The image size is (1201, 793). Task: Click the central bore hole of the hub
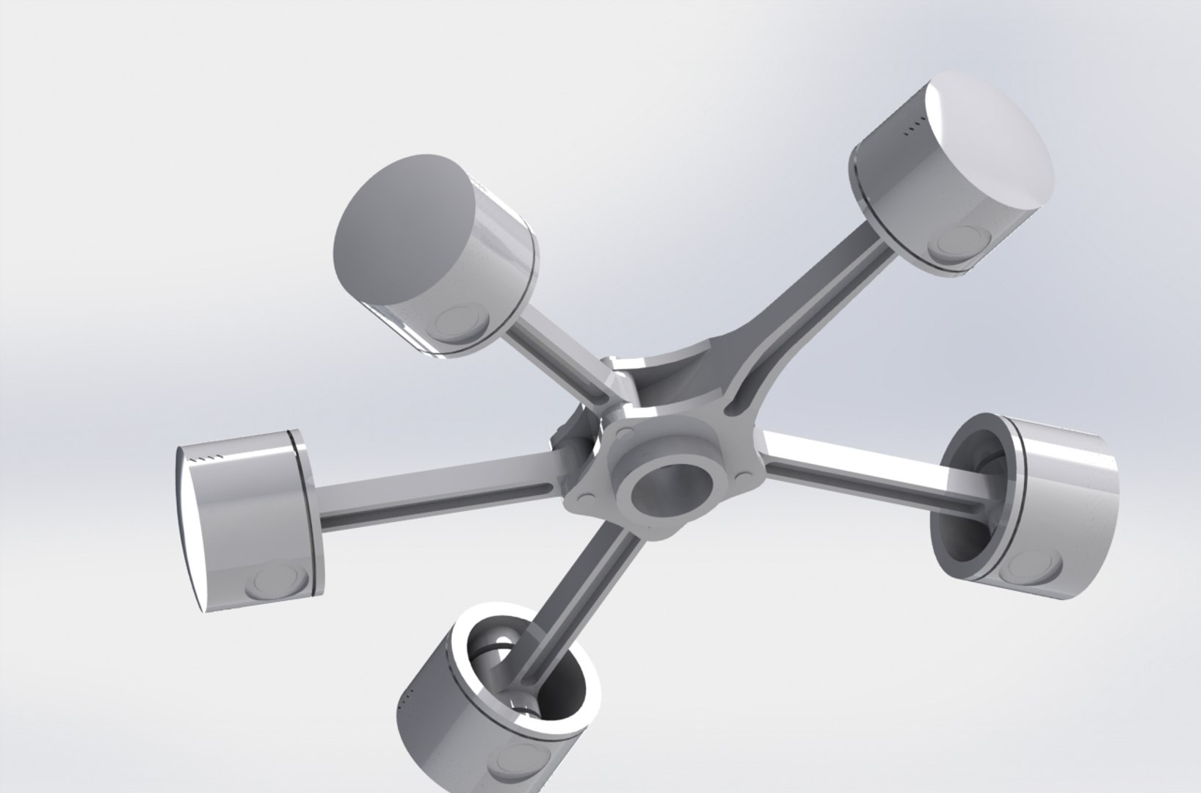pyautogui.click(x=664, y=490)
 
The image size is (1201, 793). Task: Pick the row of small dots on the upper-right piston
pyautogui.click(x=912, y=131)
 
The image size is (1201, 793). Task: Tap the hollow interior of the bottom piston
pyautogui.click(x=514, y=661)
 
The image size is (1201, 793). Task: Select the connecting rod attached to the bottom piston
pyautogui.click(x=580, y=580)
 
